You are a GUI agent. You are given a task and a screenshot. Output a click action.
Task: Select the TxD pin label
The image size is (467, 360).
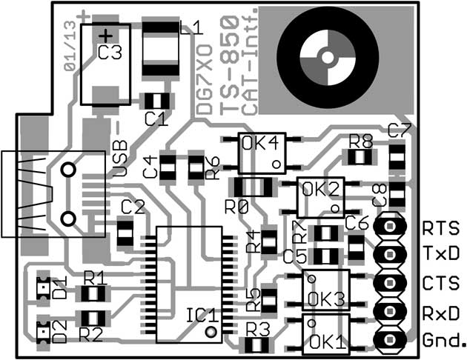[x=440, y=254]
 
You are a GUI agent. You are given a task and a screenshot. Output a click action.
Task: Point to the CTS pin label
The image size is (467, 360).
[x=440, y=283]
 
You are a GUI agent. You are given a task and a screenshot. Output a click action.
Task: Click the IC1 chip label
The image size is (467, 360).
[x=201, y=314]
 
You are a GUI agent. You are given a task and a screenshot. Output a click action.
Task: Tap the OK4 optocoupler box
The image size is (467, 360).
[x=261, y=152]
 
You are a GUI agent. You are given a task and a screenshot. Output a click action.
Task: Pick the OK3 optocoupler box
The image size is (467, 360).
[x=326, y=290]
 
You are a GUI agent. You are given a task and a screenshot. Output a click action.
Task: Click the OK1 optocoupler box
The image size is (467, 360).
[x=326, y=334]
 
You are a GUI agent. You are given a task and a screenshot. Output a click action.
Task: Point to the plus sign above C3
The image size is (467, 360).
[x=107, y=35]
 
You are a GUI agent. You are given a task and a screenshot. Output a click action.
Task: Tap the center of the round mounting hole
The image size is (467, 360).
[x=326, y=56]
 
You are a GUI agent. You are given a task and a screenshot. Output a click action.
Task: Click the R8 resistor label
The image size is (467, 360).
[x=360, y=141]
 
